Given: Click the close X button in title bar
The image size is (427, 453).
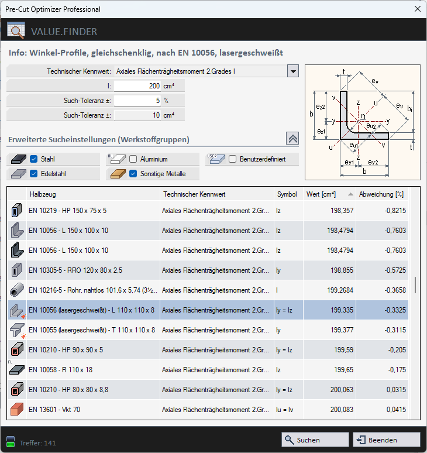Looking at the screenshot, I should click(417, 9).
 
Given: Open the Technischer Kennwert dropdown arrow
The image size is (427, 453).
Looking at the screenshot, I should click(293, 71).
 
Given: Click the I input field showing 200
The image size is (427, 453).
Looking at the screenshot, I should click(137, 86).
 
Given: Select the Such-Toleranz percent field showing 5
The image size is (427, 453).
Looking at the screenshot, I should click(137, 101).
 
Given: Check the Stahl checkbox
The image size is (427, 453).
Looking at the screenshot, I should click(34, 159).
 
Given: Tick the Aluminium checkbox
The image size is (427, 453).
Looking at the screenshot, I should click(133, 159).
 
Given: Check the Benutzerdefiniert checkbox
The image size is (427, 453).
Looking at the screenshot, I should click(233, 159).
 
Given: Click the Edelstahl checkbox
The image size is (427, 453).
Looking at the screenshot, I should click(34, 174).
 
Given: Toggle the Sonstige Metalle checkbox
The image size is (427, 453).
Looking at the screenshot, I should click(133, 174).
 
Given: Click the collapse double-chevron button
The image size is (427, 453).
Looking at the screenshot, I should click(292, 138).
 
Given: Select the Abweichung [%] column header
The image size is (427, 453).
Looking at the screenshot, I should click(381, 194).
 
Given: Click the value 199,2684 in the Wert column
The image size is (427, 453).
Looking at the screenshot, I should click(328, 290).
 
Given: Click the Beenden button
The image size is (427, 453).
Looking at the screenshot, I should click(386, 440).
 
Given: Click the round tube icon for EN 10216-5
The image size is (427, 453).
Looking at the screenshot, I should click(16, 290).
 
